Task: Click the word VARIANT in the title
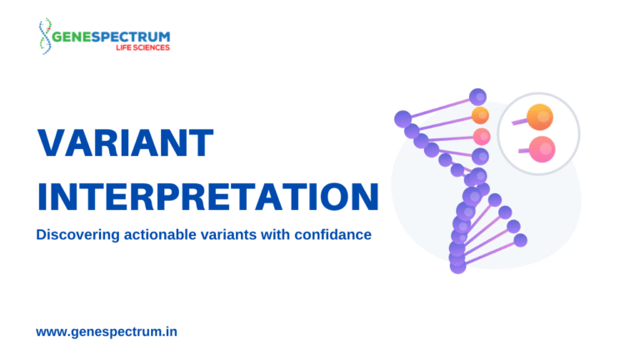(x=125, y=142)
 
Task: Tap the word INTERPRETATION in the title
(x=208, y=197)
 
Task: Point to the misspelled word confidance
(x=332, y=235)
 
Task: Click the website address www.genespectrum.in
(x=107, y=332)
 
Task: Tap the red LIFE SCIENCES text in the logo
(x=142, y=47)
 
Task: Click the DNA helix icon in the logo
(x=45, y=36)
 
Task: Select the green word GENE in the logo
(x=72, y=37)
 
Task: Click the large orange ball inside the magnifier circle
(x=540, y=117)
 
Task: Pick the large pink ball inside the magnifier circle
(x=542, y=149)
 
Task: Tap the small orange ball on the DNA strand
(x=480, y=116)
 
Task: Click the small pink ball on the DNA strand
(x=482, y=137)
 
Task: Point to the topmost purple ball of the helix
(x=477, y=97)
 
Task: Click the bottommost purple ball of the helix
(x=458, y=266)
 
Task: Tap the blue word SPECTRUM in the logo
(x=131, y=37)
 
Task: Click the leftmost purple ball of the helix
(x=402, y=119)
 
